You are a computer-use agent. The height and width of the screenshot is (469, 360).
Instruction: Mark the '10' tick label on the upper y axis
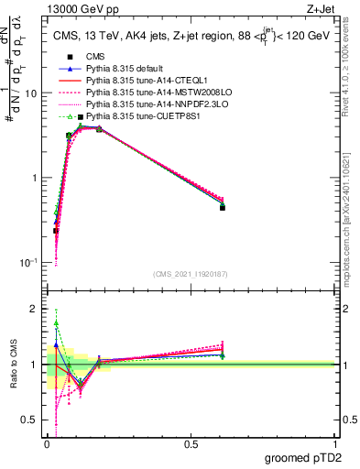pyautogui.click(x=31, y=93)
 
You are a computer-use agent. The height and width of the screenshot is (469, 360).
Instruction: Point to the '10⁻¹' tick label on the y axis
pyautogui.click(x=28, y=263)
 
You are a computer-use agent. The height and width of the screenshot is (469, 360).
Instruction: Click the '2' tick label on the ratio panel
pyautogui.click(x=35, y=309)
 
